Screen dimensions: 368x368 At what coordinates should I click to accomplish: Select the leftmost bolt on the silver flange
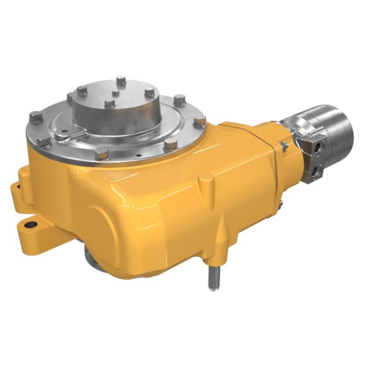35,115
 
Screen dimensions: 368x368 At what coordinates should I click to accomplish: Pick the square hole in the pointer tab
66,135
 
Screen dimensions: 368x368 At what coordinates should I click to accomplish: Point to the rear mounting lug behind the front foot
15,193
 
